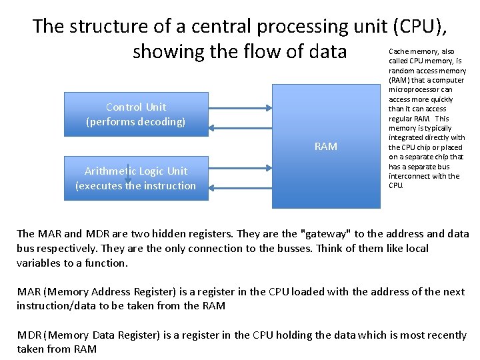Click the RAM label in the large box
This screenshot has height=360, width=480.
[325, 147]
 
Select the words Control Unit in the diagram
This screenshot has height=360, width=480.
[136, 107]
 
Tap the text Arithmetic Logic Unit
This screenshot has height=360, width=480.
[136, 171]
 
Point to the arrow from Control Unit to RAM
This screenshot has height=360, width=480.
[240, 107]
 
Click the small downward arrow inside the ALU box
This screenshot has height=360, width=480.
[127, 175]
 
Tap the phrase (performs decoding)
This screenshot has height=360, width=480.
[136, 122]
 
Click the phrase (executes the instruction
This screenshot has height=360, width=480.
[136, 186]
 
